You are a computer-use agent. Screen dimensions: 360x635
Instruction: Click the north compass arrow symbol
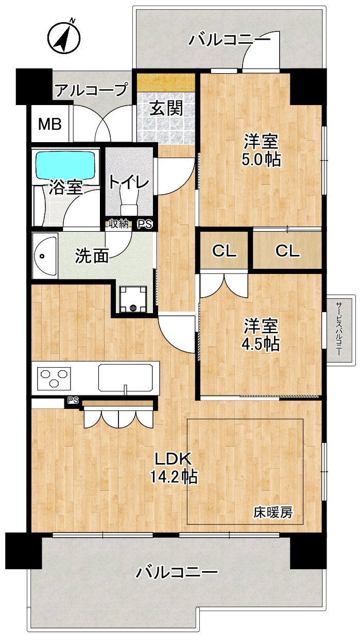point(64,37)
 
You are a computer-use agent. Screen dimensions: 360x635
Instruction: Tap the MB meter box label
point(50,124)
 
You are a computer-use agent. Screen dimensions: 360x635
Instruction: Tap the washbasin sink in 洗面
point(45,256)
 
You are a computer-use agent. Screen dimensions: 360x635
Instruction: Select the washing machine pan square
point(133,299)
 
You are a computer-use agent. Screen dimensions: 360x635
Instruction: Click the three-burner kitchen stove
point(55,377)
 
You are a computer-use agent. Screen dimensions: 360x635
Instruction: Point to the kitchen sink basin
point(125,377)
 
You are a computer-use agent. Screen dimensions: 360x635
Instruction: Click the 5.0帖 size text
point(261,160)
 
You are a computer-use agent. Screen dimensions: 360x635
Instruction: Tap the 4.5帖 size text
point(261,344)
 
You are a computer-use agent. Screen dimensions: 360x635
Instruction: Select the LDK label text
point(173,459)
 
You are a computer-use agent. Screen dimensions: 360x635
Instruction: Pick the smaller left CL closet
point(224,250)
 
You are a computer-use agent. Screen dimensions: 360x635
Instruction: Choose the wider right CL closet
point(287,250)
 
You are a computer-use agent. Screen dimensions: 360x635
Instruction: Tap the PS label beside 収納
point(145,225)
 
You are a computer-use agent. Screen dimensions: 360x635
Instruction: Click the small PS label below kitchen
point(73,400)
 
